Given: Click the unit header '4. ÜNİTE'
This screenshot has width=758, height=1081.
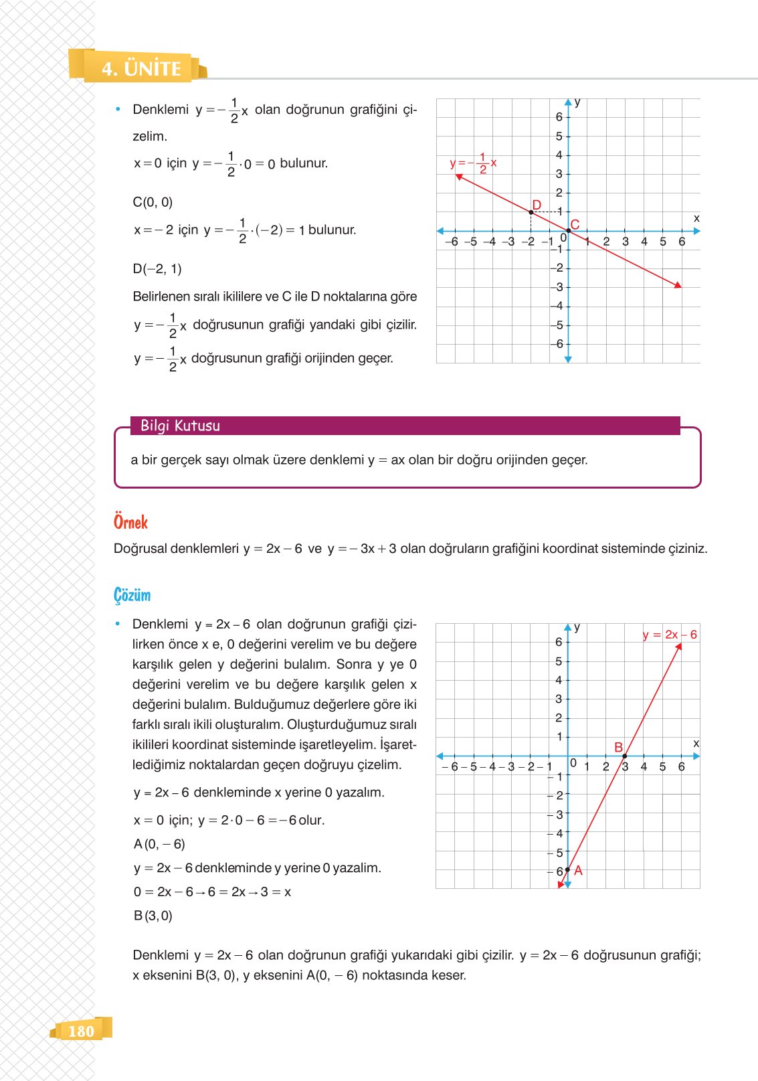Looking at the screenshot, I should (141, 68).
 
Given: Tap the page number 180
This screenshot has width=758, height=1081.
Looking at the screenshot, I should (81, 1031).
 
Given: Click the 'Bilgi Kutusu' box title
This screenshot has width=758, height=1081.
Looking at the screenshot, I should (180, 426).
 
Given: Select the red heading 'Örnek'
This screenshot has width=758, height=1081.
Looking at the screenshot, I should (130, 522).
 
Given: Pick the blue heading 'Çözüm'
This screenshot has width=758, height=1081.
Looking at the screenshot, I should (132, 595).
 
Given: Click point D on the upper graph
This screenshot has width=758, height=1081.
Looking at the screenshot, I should (531, 212).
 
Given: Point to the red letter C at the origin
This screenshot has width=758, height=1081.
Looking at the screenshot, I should (575, 224).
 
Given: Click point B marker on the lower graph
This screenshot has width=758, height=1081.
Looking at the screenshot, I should (625, 756).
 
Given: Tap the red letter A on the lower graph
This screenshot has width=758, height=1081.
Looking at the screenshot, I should (579, 870).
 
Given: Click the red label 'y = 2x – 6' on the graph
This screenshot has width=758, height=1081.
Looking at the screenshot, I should (670, 635).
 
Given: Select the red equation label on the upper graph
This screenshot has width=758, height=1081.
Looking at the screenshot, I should (473, 163).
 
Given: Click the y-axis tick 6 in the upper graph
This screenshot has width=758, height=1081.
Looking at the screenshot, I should (559, 116).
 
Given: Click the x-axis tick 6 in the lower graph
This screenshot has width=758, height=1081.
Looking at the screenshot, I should (682, 767).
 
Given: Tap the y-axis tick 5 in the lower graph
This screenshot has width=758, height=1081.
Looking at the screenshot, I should (559, 661).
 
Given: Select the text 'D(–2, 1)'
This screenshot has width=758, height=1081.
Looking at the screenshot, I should (157, 269).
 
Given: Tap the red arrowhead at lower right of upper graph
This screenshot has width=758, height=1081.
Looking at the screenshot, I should (678, 285).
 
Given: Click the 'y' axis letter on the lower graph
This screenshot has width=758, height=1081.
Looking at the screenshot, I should (577, 627).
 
